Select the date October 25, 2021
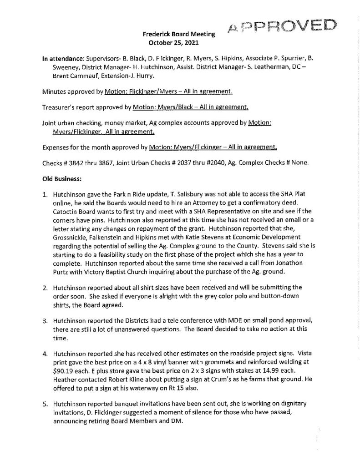pyautogui.click(x=175, y=44)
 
